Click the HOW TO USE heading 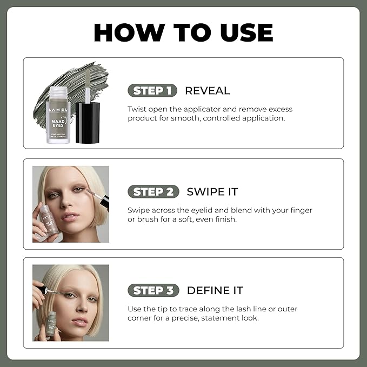183,32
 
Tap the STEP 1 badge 153,90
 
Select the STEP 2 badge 153,191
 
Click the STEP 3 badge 153,290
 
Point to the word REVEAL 207,90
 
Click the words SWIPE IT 212,191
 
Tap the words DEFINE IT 215,290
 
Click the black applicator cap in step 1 88,122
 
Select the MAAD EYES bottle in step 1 57,116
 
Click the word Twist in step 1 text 137,109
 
